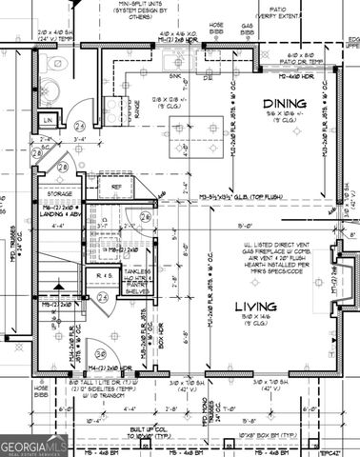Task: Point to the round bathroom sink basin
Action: coord(84,98)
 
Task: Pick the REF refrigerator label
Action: coord(116,188)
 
